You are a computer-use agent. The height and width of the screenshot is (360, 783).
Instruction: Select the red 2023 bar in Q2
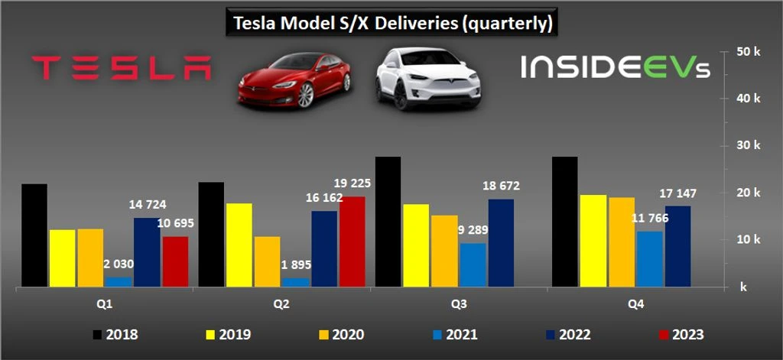tap(352, 242)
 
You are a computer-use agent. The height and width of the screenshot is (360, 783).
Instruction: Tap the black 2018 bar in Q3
tap(388, 222)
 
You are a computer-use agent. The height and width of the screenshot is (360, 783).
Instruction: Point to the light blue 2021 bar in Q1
tap(119, 282)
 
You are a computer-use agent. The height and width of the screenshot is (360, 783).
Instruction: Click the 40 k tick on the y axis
tap(749, 99)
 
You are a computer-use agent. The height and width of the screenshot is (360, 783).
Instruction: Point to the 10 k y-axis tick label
tap(749, 240)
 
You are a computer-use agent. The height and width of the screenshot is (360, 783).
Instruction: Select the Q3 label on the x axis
tap(459, 303)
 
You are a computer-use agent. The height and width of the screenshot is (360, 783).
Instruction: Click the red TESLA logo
tap(122, 67)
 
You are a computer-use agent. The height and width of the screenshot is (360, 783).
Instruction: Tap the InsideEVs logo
tap(616, 67)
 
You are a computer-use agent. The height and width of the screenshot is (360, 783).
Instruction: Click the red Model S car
tap(294, 80)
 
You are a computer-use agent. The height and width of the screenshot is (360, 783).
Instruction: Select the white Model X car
tap(428, 79)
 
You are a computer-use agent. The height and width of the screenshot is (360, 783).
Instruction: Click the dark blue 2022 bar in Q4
tap(677, 247)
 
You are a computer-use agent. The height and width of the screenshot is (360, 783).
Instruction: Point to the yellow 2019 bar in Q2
tap(239, 245)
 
